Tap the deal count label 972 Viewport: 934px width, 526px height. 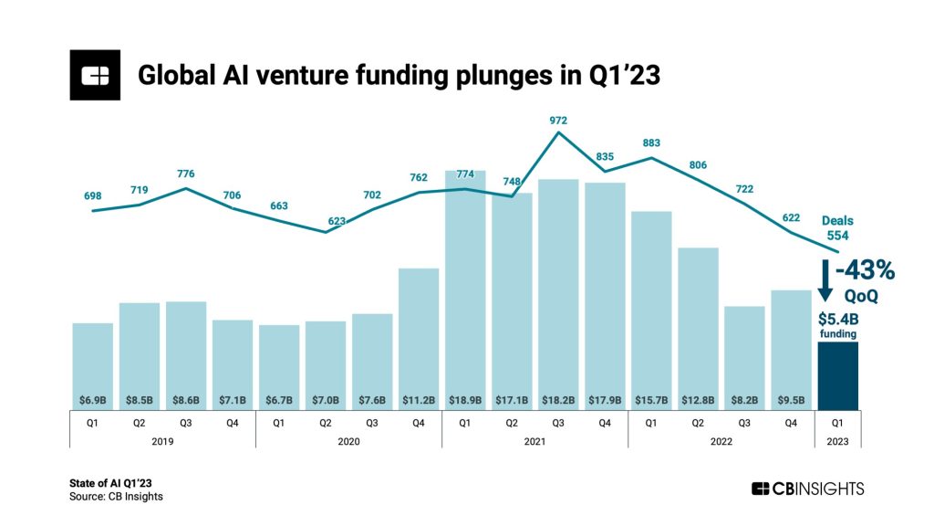[x=558, y=121]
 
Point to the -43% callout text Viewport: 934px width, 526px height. [x=867, y=271]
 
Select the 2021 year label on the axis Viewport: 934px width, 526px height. [x=534, y=441]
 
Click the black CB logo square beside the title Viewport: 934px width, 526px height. [x=95, y=75]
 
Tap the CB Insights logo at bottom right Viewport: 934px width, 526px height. [x=807, y=489]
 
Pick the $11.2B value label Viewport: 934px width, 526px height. [x=419, y=400]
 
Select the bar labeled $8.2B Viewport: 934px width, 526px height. [x=744, y=356]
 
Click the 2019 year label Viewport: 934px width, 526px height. [x=161, y=441]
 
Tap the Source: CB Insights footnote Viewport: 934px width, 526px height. [x=116, y=497]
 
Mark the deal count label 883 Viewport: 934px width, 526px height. [x=651, y=142]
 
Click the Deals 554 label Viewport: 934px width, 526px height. [x=837, y=227]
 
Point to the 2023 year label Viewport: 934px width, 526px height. [x=837, y=441]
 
